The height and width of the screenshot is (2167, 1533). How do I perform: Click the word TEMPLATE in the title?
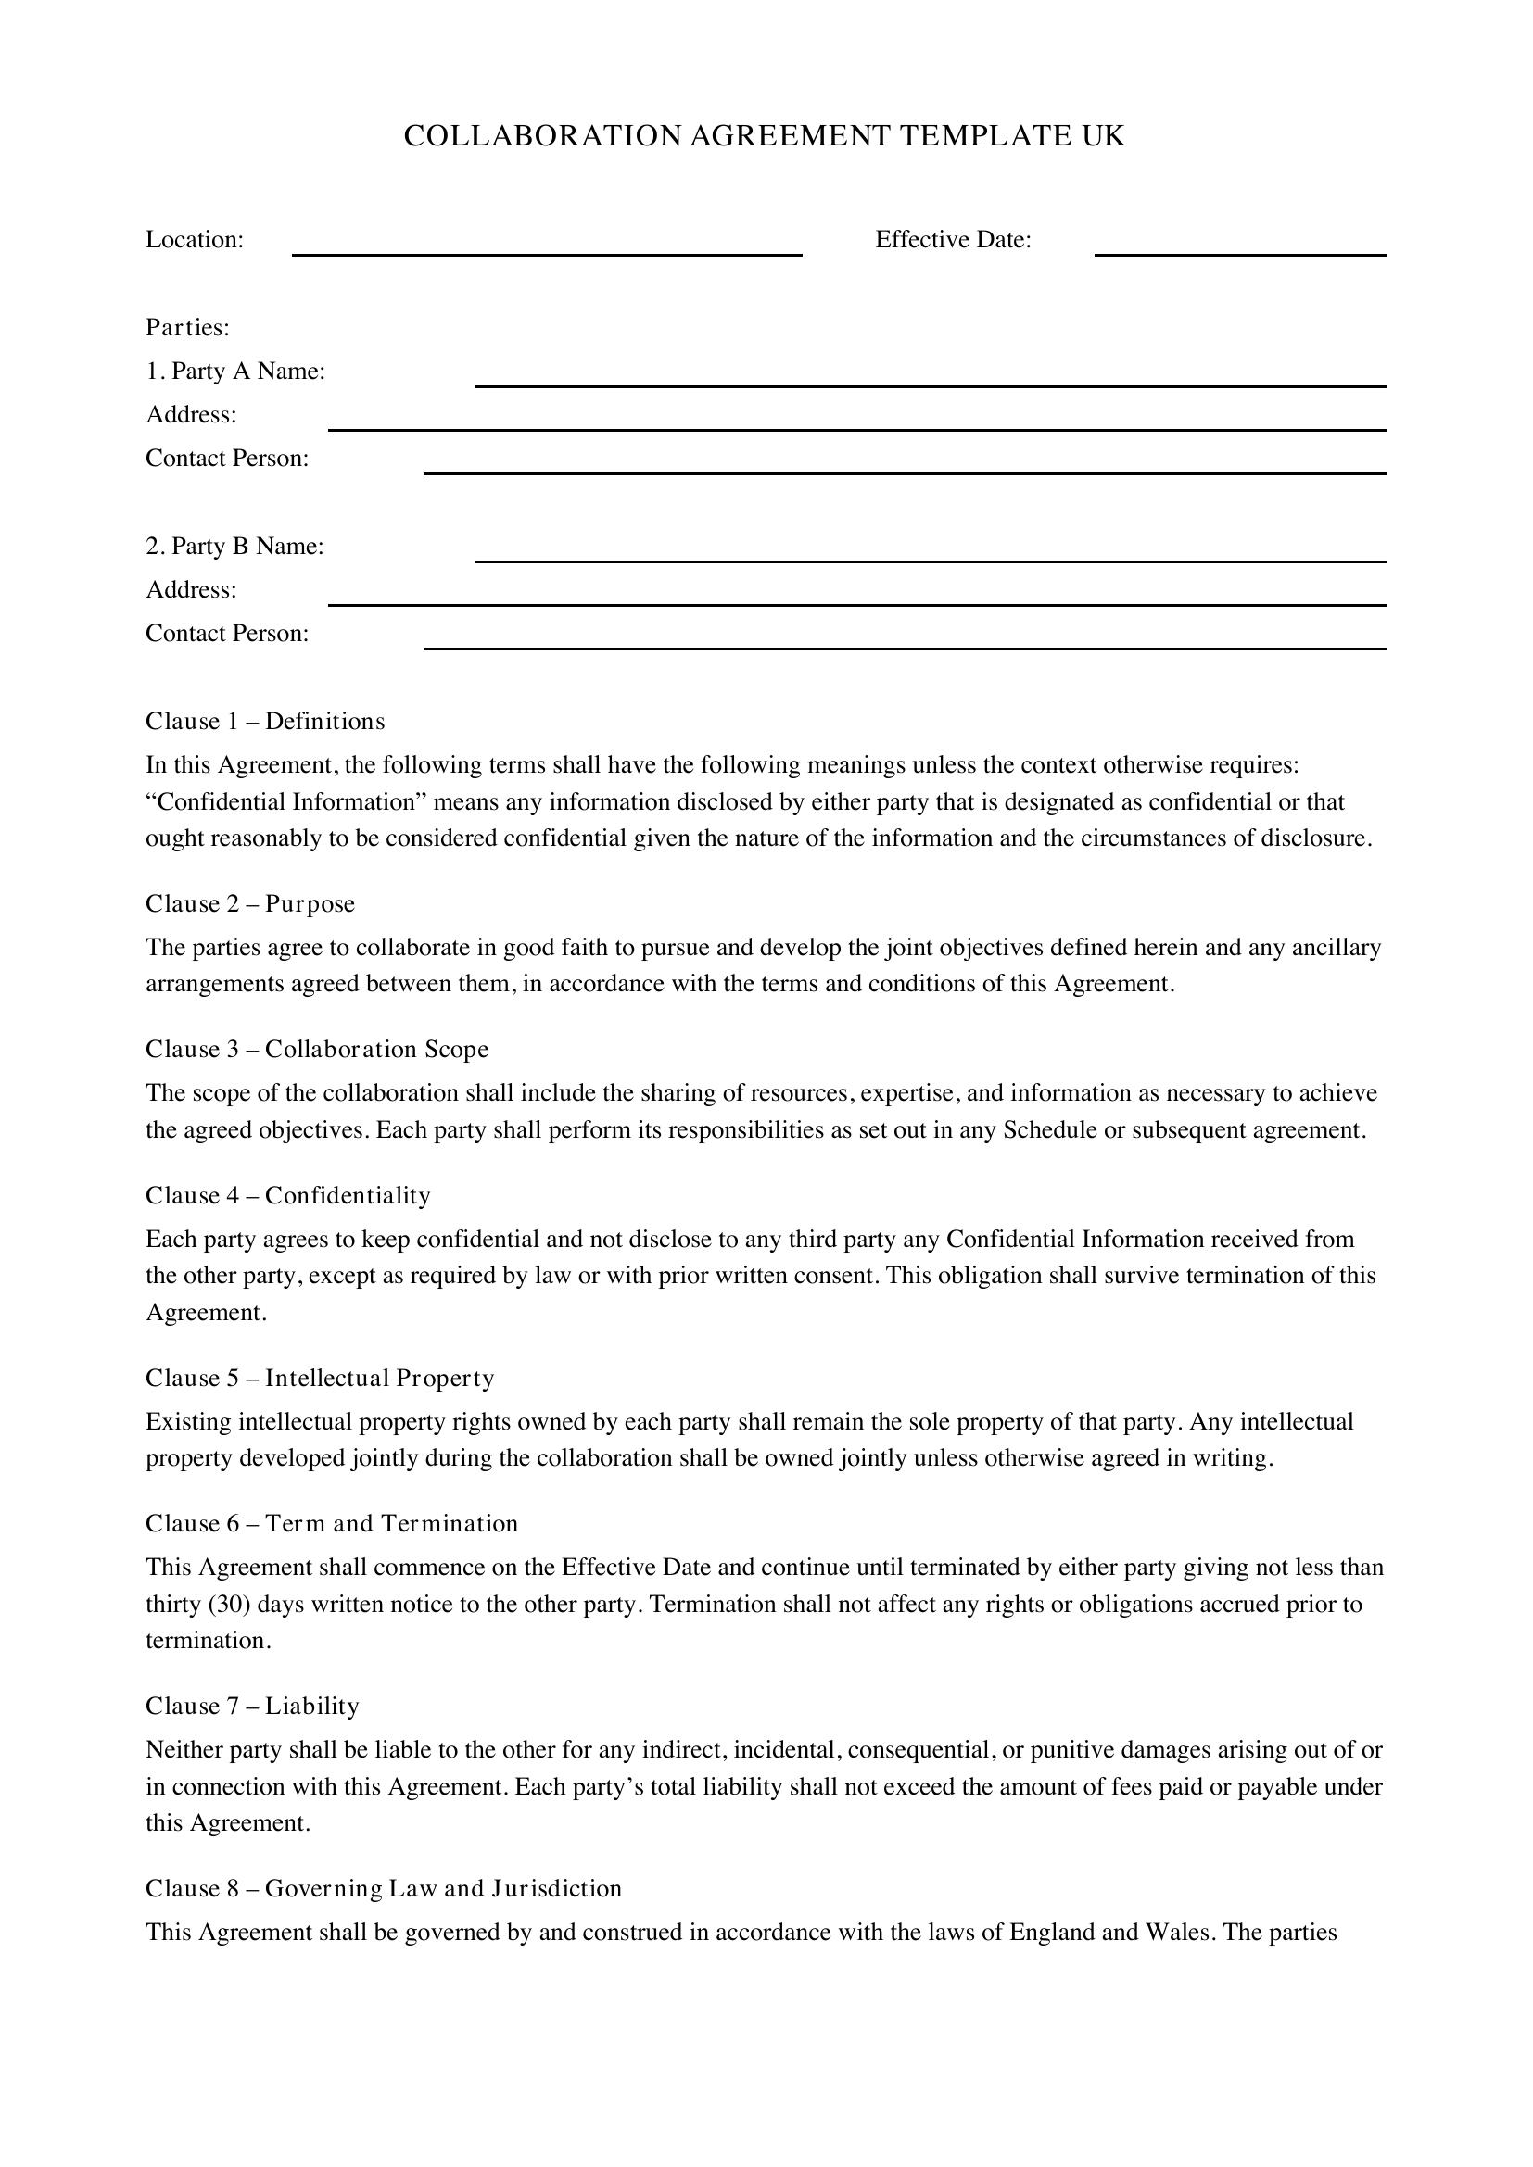click(972, 137)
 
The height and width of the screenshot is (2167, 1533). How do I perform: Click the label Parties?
click(188, 327)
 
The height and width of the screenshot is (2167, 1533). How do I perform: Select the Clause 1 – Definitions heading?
click(265, 721)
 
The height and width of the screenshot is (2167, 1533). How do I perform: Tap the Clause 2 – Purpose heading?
click(250, 904)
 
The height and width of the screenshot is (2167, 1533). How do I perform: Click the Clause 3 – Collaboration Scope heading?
click(317, 1050)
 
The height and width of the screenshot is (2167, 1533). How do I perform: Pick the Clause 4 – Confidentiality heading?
click(288, 1196)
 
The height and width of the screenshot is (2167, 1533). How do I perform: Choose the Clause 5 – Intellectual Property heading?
click(320, 1379)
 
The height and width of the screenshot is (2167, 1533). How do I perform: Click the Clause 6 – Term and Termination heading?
click(333, 1524)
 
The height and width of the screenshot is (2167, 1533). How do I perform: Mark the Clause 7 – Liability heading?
click(252, 1707)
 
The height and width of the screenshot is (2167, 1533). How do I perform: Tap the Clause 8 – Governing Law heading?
click(384, 1888)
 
